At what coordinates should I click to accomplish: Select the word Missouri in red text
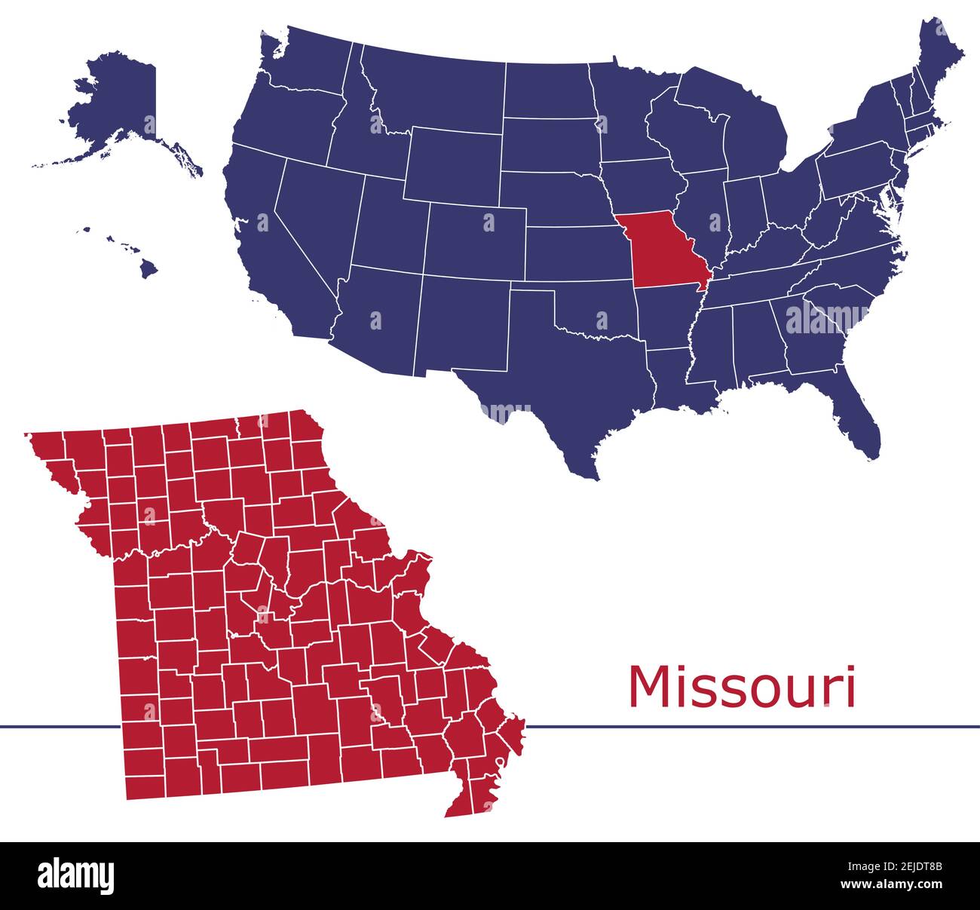742,687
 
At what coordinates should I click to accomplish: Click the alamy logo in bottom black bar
76,875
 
